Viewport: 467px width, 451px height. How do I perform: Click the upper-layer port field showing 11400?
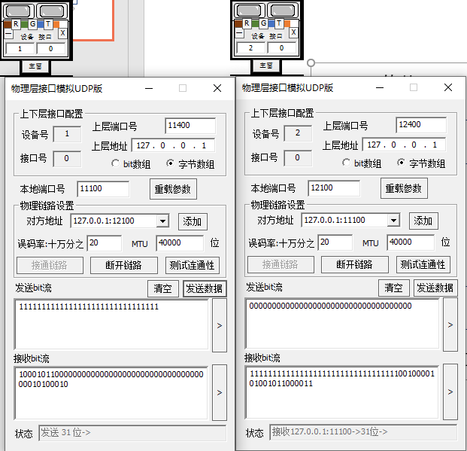pyautogui.click(x=190, y=126)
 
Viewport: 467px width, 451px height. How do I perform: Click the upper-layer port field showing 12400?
pyautogui.click(x=421, y=125)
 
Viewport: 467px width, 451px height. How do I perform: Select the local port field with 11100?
pyautogui.click(x=103, y=189)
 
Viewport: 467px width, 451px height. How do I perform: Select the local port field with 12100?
pyautogui.click(x=334, y=188)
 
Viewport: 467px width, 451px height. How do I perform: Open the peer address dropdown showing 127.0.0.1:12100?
pyautogui.click(x=162, y=221)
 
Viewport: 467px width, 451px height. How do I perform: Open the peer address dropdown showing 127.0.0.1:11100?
pyautogui.click(x=393, y=221)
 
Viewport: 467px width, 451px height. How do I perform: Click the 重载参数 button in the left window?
pyautogui.click(x=173, y=189)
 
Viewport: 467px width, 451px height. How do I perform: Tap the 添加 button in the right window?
pyautogui.click(x=423, y=221)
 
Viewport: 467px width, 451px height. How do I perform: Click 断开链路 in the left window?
pyautogui.click(x=124, y=265)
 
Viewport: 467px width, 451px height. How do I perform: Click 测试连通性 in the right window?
pyautogui.click(x=423, y=264)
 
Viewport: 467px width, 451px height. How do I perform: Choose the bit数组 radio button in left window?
pyautogui.click(x=115, y=163)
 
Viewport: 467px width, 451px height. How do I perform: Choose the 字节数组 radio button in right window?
pyautogui.click(x=401, y=163)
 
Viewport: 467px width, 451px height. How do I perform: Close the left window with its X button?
pyautogui.click(x=217, y=88)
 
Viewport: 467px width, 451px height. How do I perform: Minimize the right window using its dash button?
pyautogui.click(x=380, y=87)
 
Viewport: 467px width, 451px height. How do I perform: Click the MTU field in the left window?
pyautogui.click(x=180, y=243)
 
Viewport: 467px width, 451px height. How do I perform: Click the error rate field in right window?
pyautogui.click(x=335, y=242)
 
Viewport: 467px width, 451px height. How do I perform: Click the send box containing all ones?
pyautogui.click(x=111, y=325)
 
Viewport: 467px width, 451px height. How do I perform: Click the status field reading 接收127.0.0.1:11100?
pyautogui.click(x=363, y=432)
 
